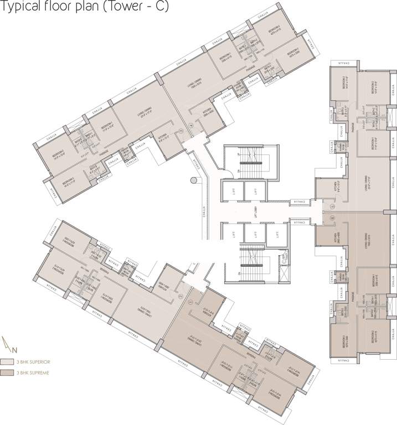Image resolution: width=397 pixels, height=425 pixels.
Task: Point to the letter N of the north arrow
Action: pyautogui.click(x=15, y=349)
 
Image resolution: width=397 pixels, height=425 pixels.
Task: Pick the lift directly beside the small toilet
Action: pyautogui.click(x=275, y=235)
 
